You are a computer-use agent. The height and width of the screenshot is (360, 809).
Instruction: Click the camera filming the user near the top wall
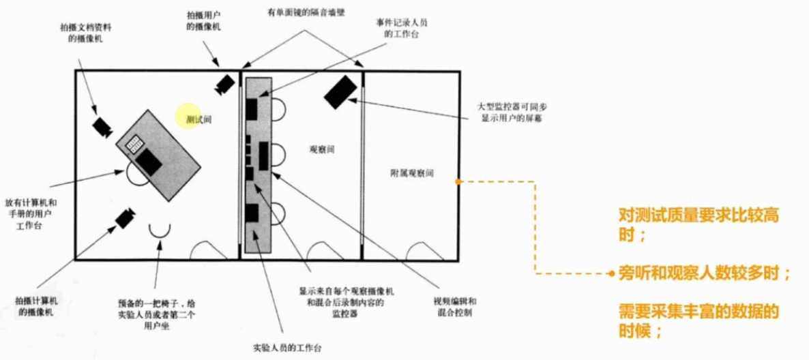[x=224, y=84]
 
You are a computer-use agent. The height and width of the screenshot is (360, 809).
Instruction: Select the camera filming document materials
[x=102, y=127]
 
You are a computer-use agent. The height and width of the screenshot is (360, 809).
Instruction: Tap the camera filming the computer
[x=123, y=218]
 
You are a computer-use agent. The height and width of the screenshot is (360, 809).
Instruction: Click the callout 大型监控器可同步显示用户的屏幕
[x=510, y=113]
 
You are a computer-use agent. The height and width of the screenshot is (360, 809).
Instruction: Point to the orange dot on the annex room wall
[x=458, y=182]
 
